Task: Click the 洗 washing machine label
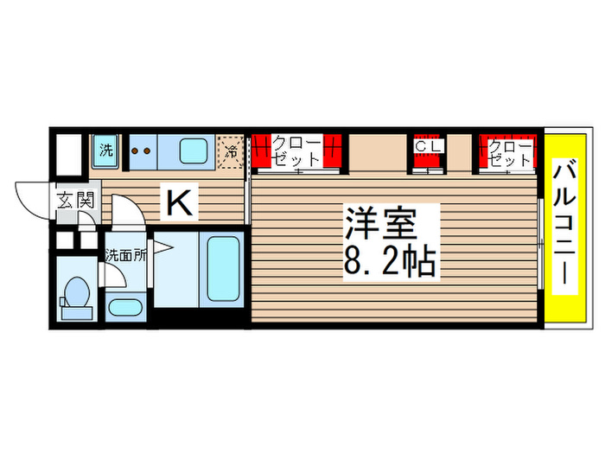(x=105, y=150)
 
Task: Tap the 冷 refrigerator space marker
(x=231, y=150)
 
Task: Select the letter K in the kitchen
(x=179, y=204)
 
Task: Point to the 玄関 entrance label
(x=75, y=201)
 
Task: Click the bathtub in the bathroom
(x=221, y=267)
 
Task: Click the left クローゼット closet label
(x=296, y=151)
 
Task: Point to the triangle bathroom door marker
(x=165, y=252)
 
